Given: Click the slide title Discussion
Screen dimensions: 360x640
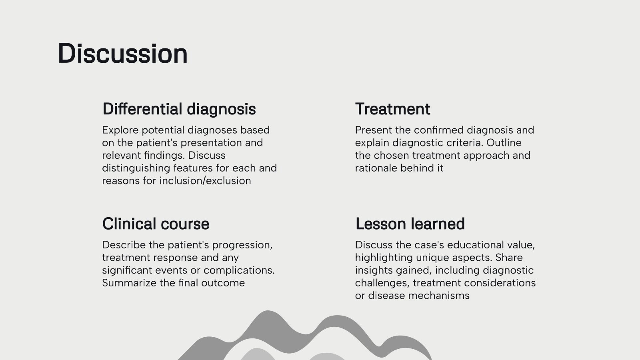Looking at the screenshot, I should click(x=122, y=54).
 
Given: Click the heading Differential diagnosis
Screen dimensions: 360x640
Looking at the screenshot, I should click(x=179, y=109).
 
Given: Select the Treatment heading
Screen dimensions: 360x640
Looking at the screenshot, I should click(x=392, y=109).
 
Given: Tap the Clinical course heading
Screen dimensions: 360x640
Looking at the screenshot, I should click(x=156, y=224).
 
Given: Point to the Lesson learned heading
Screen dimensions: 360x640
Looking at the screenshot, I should click(x=410, y=224).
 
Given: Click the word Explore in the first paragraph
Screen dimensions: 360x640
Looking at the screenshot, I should click(x=120, y=130).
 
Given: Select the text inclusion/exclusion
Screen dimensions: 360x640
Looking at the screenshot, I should click(x=205, y=181).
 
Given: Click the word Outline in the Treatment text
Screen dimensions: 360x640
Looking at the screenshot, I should click(x=504, y=143).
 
